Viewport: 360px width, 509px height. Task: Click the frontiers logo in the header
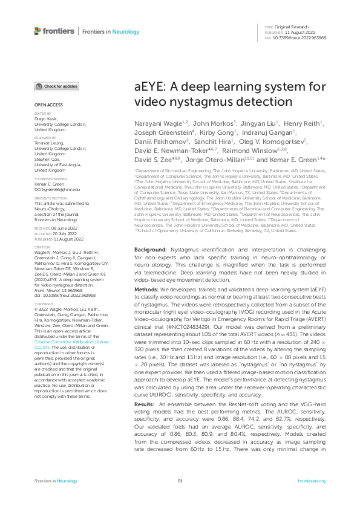tap(54, 31)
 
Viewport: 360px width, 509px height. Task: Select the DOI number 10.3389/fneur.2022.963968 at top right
tap(299, 37)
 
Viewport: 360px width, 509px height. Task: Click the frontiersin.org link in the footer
tap(312, 498)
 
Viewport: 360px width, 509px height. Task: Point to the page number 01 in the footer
tap(180, 498)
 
